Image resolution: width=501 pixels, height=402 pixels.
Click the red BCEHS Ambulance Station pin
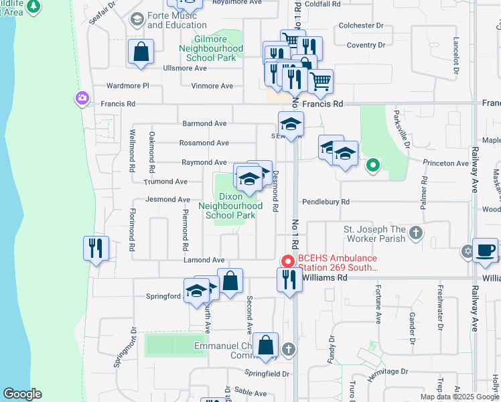(x=288, y=261)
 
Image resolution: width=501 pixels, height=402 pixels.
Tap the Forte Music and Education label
(x=172, y=20)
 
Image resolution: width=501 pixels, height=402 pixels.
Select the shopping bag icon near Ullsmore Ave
(x=141, y=52)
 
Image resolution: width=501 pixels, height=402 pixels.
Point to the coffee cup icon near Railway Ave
(x=485, y=251)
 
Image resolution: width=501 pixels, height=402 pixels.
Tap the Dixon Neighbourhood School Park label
(x=230, y=206)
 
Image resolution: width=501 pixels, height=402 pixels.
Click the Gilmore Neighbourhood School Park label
(x=210, y=49)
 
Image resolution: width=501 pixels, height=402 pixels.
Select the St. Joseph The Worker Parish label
(x=374, y=234)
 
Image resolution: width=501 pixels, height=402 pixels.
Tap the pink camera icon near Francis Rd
(x=82, y=99)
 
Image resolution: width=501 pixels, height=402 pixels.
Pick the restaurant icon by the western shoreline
(x=96, y=248)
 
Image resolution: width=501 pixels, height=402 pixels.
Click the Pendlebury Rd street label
(x=326, y=202)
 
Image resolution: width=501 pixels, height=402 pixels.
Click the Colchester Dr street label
(x=360, y=25)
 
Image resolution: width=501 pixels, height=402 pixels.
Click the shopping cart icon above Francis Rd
(x=321, y=82)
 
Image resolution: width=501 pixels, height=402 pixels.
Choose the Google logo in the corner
(x=22, y=393)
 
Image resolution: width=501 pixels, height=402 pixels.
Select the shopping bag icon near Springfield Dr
(x=266, y=346)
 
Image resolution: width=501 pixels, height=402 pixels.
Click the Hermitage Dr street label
(x=386, y=371)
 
